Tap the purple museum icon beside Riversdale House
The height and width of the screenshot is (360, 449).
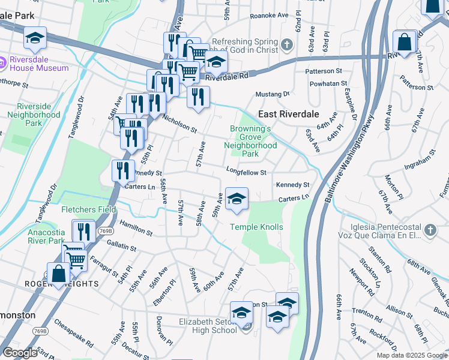[x=2, y=60]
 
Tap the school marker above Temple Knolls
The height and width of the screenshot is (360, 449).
[x=237, y=199]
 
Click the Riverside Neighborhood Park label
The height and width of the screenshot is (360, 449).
[x=38, y=115]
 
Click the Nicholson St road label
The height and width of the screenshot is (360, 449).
[x=179, y=124]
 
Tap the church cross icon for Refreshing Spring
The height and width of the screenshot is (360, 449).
[x=286, y=44]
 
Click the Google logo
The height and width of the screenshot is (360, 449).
[x=20, y=353]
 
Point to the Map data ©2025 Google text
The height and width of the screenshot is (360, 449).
[x=412, y=355]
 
